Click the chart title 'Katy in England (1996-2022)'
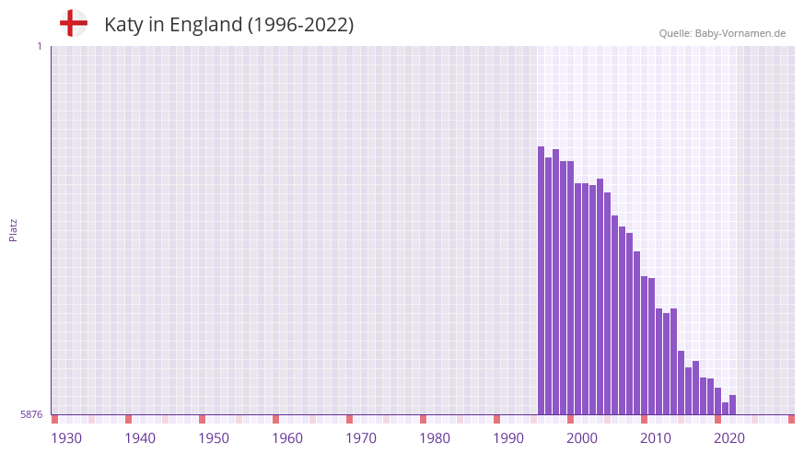coord(228,25)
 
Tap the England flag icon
coord(74,23)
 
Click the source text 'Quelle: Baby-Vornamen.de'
coord(722,33)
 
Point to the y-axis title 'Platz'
coord(13,230)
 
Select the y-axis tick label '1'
coord(39,46)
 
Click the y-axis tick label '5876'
coord(31,415)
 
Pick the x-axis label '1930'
coord(66,438)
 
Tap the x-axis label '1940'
coord(140,438)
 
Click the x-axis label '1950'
coord(214,438)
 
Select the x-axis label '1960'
coord(287,438)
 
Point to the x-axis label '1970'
coord(361,438)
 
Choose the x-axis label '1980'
coord(435,438)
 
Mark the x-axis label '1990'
coord(508,438)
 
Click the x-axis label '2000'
coord(582,438)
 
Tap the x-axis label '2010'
coord(656,438)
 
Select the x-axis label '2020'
coord(729,438)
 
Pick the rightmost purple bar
coord(732,405)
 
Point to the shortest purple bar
coord(725,409)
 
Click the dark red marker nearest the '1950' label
coord(202,419)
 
